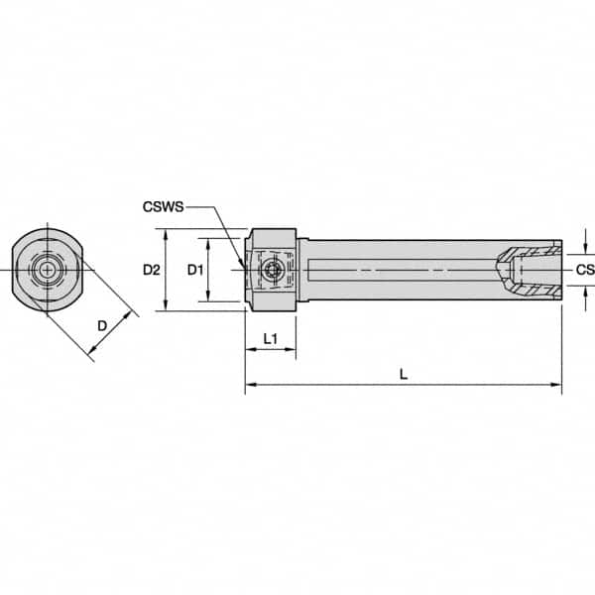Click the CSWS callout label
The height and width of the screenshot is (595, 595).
click(x=162, y=207)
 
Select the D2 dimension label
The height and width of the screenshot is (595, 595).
click(x=151, y=270)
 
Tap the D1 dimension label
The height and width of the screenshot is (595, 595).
click(x=195, y=270)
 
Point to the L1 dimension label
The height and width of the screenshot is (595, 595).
click(x=269, y=340)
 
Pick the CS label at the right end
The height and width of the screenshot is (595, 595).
click(x=584, y=270)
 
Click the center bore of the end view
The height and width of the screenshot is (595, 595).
click(x=45, y=270)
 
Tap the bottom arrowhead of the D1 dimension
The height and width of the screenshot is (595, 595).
click(x=207, y=297)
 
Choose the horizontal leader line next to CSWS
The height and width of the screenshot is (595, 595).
click(x=200, y=207)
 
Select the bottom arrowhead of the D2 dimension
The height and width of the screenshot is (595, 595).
click(x=165, y=305)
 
